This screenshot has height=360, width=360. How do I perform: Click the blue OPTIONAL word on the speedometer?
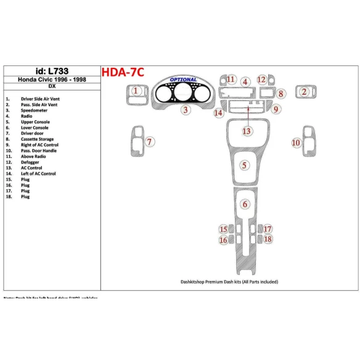click(x=184, y=80)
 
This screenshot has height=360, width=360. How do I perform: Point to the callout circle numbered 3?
click(x=185, y=110)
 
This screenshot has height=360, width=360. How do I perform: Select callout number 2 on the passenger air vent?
click(x=304, y=92)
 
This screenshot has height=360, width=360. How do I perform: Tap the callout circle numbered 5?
click(x=245, y=165)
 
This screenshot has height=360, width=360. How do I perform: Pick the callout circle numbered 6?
click(x=245, y=204)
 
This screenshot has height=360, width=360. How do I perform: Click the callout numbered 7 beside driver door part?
click(x=149, y=142)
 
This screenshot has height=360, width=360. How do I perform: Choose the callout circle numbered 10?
click(x=296, y=142)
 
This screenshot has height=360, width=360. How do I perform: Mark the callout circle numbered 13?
click(x=247, y=131)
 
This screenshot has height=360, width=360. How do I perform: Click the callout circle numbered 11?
click(x=231, y=80)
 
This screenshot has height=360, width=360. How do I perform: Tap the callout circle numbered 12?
click(x=262, y=80)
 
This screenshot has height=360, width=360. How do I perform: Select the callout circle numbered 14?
click(x=218, y=113)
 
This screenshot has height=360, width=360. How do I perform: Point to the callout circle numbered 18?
click(x=268, y=239)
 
